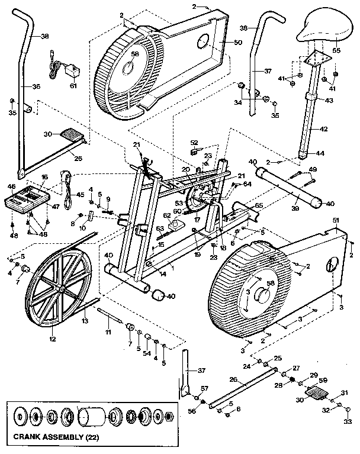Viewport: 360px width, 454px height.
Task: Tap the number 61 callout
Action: tap(73, 85)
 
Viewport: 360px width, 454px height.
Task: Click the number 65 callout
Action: tap(259, 205)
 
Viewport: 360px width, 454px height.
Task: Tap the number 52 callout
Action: tap(194, 142)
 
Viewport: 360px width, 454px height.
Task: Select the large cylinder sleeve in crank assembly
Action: tap(92, 417)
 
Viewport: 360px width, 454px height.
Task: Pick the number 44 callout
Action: tap(320, 153)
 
